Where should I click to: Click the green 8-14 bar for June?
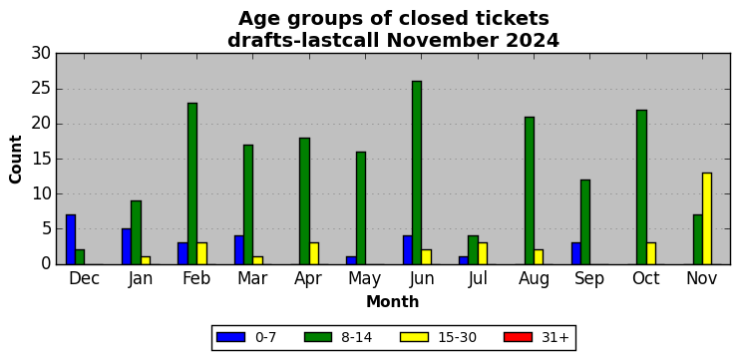coord(417,173)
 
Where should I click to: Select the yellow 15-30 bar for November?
coord(707,218)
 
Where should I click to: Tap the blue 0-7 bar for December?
coord(71,239)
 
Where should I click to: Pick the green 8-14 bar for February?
coord(192,183)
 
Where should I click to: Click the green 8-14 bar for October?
coord(642,186)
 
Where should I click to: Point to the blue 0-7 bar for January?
coord(127,246)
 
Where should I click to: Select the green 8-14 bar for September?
coord(585,221)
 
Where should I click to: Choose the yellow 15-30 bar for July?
coord(483,253)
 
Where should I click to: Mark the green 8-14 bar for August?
coord(530,190)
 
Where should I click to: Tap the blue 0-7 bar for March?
coord(239,250)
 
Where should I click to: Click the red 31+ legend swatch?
coord(519,337)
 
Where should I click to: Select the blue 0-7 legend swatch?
coord(230,337)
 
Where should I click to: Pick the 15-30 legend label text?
coord(457,337)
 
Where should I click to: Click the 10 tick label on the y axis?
coord(41,193)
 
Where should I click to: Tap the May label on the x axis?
coord(365,279)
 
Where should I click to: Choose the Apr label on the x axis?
coord(308,279)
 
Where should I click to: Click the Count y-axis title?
coord(16,159)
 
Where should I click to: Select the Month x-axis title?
coord(393,301)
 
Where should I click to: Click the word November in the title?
coord(442,41)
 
